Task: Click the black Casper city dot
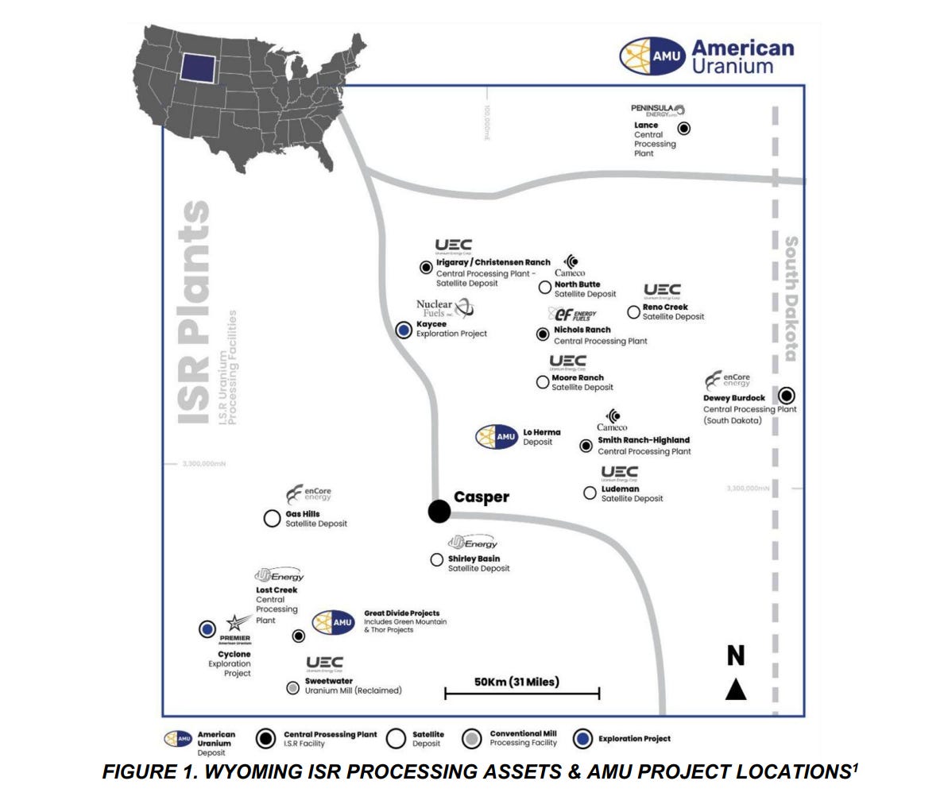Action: pyautogui.click(x=439, y=511)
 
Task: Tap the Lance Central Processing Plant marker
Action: pyautogui.click(x=683, y=128)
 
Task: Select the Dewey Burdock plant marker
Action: pyautogui.click(x=787, y=395)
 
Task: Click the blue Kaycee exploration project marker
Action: pyautogui.click(x=404, y=329)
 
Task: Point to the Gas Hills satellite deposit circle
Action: pyautogui.click(x=272, y=519)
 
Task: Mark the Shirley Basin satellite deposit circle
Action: pyautogui.click(x=436, y=560)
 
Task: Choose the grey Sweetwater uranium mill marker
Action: pyautogui.click(x=293, y=688)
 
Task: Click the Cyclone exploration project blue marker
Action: pyautogui.click(x=207, y=629)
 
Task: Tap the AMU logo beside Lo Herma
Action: pyautogui.click(x=497, y=437)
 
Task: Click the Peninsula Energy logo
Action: pyautogui.click(x=657, y=110)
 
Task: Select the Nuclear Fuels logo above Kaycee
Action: pyautogui.click(x=444, y=307)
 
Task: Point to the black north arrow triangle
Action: pyautogui.click(x=736, y=689)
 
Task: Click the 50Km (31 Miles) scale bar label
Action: pyautogui.click(x=516, y=682)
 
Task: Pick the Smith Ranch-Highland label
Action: pyautogui.click(x=644, y=440)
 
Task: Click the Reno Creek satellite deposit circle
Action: pyautogui.click(x=633, y=312)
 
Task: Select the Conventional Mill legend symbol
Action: pyautogui.click(x=472, y=739)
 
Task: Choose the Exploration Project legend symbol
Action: pyautogui.click(x=585, y=739)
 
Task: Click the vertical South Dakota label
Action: pyautogui.click(x=791, y=298)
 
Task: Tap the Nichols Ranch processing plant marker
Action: pyautogui.click(x=543, y=334)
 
